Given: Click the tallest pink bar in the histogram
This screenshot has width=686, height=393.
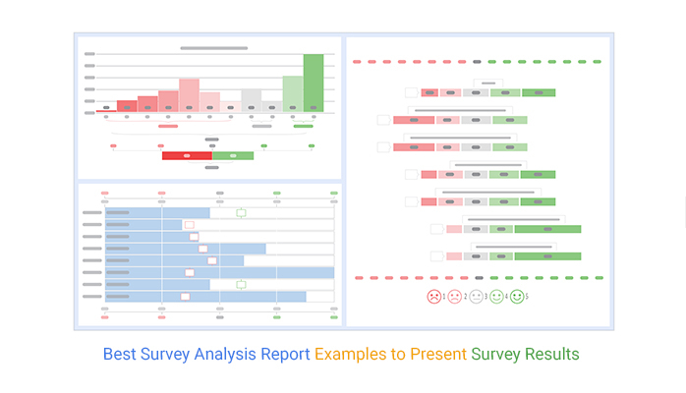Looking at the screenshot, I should (190, 94).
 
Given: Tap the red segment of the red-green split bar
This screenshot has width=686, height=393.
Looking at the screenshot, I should (187, 155).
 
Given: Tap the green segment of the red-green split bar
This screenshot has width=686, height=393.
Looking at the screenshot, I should (233, 155).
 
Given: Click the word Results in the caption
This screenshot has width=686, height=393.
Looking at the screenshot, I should (552, 354).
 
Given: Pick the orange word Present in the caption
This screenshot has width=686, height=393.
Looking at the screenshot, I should (437, 354).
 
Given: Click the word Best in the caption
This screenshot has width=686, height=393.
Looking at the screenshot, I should (121, 354).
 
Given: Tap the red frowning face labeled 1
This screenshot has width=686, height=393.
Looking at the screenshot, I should (433, 296).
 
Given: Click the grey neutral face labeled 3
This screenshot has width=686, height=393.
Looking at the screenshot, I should (476, 296).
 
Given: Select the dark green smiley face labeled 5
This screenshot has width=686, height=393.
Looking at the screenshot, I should (517, 296).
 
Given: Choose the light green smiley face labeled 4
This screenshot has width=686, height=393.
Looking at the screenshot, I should (496, 296).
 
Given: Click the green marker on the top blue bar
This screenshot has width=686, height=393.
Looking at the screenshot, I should (241, 212).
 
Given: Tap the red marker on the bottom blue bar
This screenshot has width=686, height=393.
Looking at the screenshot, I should (185, 296).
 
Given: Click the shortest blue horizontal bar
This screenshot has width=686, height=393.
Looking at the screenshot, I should (143, 225).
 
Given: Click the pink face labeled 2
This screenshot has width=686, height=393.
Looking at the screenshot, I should (454, 296).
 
